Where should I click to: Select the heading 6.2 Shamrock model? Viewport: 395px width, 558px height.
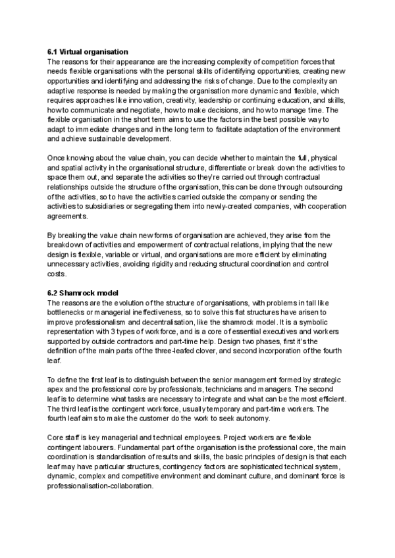pos(84,293)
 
